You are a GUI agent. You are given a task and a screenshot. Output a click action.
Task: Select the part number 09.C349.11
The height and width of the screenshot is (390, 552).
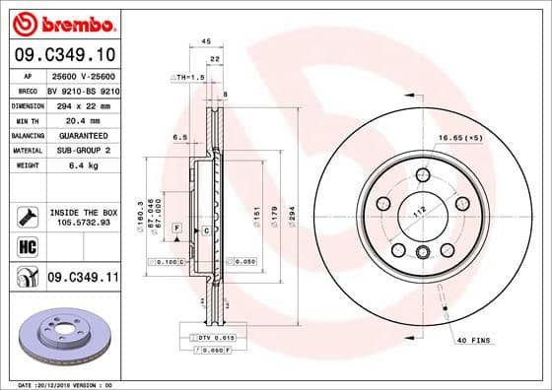83,279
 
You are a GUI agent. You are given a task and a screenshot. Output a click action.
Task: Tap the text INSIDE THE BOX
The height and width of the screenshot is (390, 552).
84,211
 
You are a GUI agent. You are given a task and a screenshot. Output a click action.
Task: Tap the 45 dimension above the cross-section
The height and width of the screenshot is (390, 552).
205,41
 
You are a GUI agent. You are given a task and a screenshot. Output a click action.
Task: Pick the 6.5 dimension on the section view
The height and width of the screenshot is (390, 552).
180,137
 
